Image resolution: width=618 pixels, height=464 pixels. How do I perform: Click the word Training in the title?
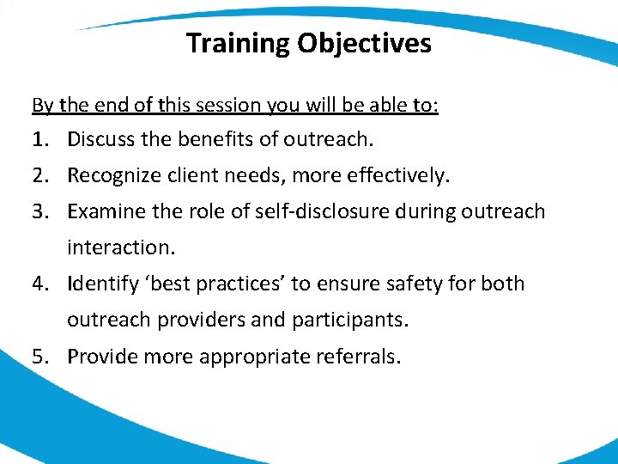click(238, 43)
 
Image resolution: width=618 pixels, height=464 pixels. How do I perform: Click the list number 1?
click(39, 138)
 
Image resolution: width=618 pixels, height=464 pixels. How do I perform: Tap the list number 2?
click(40, 176)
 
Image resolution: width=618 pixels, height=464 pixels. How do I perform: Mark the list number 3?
click(40, 211)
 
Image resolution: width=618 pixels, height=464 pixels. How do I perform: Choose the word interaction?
click(120, 247)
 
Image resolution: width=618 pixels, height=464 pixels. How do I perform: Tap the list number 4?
click(40, 284)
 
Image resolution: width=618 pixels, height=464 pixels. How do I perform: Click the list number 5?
click(40, 356)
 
